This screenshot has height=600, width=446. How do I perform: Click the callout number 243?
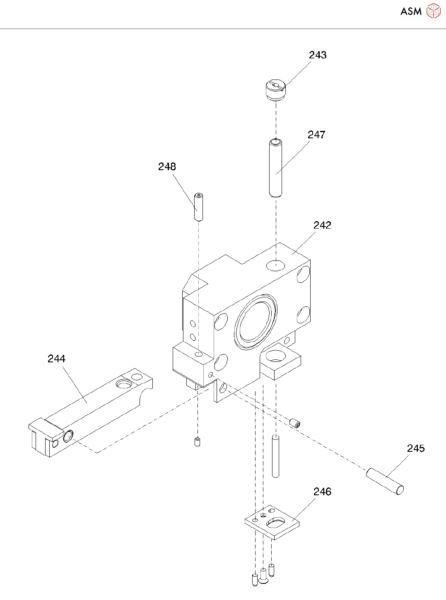click(318, 55)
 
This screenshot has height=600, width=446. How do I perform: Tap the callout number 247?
click(316, 135)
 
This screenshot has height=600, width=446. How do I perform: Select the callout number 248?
click(167, 167)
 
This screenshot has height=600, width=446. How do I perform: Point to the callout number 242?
click(322, 225)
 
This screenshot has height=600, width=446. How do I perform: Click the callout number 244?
click(56, 359)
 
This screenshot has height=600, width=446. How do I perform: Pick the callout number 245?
click(416, 448)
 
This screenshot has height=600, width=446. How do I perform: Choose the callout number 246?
click(322, 492)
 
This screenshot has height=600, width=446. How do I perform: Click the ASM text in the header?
click(411, 12)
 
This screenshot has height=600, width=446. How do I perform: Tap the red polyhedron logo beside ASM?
click(434, 11)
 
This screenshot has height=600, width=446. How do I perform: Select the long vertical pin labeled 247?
click(275, 168)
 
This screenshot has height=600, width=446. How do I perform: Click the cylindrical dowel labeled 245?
click(385, 481)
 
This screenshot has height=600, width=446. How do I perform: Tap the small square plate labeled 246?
click(272, 523)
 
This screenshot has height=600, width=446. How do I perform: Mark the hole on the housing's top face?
click(275, 265)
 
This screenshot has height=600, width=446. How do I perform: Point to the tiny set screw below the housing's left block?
click(198, 442)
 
